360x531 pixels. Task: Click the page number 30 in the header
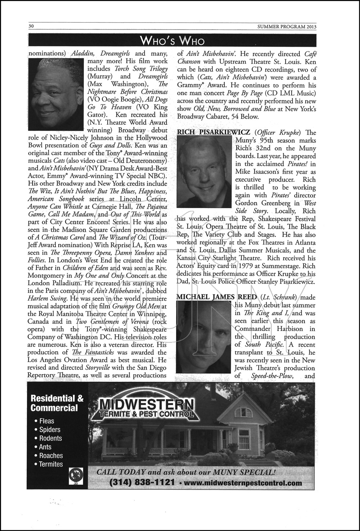pos(31,26)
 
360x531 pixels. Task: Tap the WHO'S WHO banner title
pos(172,40)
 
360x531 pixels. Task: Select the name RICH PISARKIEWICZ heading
pos(213,132)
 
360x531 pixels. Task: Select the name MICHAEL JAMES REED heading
pos(217,297)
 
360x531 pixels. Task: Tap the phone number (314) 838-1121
pos(142,483)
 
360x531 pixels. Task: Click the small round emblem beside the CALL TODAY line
pos(76,476)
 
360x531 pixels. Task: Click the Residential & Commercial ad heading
pos(57,403)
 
